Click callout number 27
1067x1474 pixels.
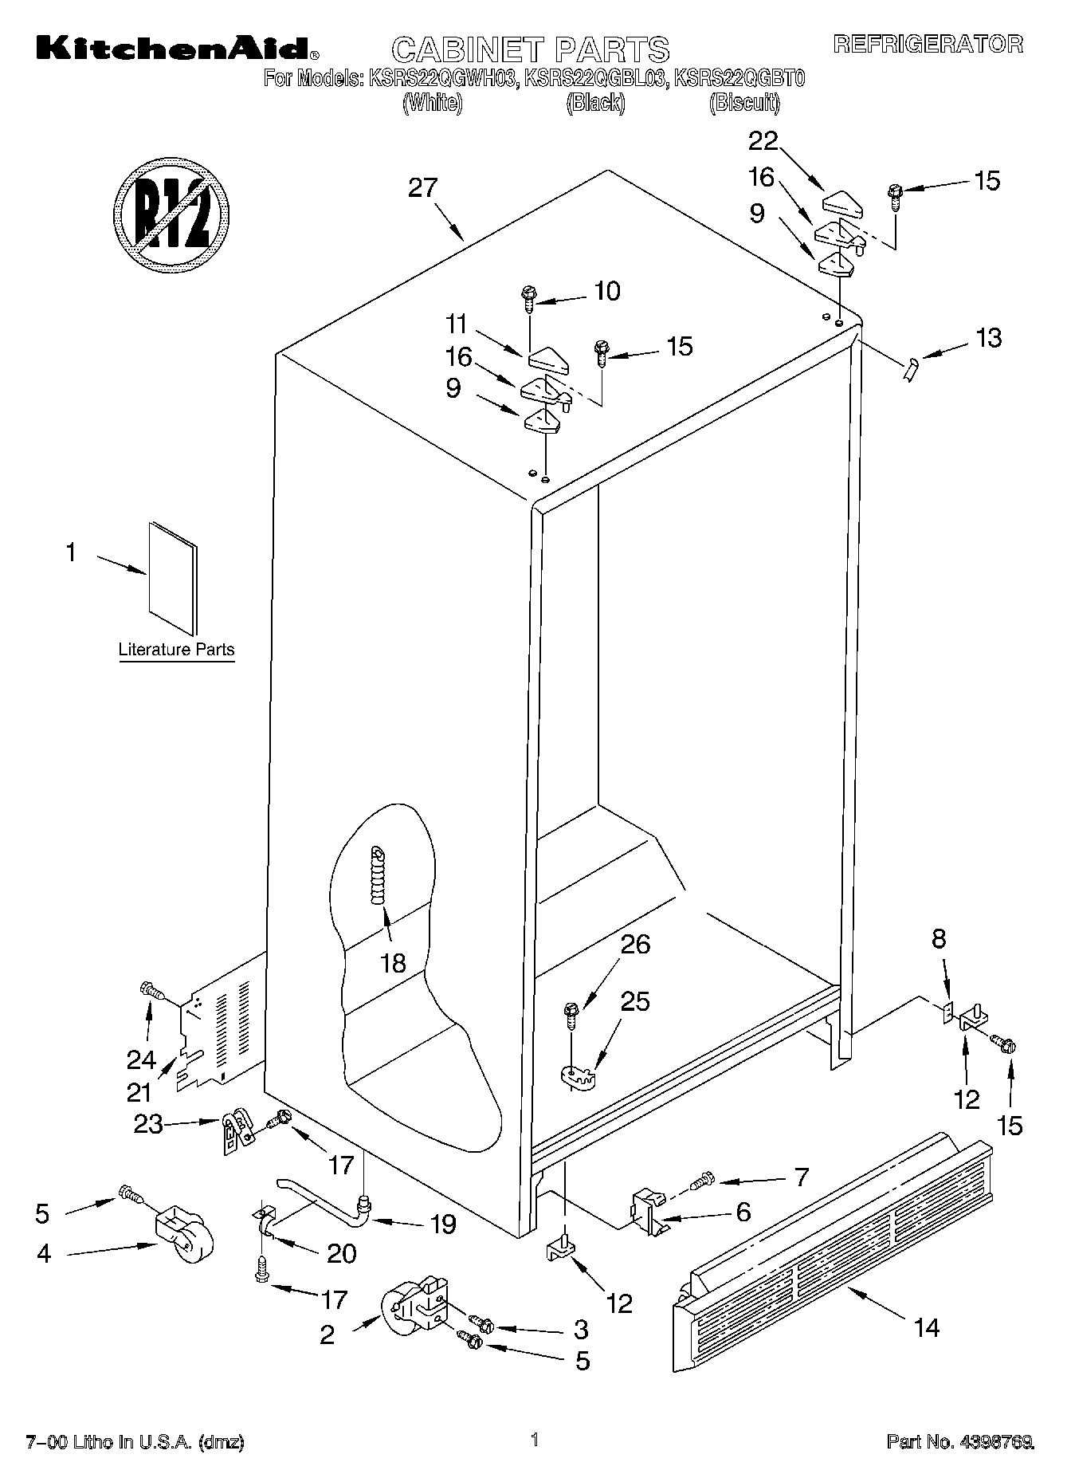pos(422,189)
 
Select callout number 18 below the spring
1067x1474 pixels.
pos(393,963)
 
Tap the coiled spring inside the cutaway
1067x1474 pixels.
pos(378,875)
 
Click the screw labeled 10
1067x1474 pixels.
pos(528,299)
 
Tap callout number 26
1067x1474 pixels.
pos(635,945)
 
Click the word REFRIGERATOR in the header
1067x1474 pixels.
pos(928,44)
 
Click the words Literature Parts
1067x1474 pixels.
pos(176,650)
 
